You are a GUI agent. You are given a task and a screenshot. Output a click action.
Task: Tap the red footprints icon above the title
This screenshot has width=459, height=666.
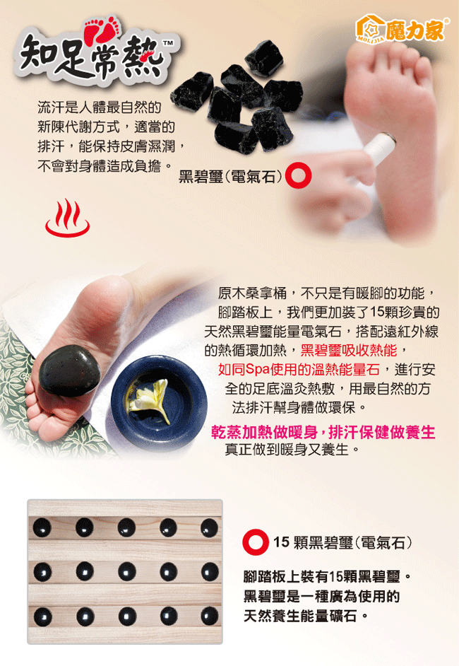click(x=102, y=29)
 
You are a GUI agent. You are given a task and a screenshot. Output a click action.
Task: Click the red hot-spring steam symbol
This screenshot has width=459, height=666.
click(x=68, y=218)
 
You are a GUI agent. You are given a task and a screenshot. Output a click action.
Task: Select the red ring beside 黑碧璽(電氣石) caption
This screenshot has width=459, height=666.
click(x=298, y=175)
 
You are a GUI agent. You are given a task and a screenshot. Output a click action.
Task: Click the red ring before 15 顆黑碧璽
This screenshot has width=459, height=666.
click(x=256, y=542)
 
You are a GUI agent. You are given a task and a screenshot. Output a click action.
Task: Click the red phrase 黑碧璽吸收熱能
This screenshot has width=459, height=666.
click(x=349, y=351)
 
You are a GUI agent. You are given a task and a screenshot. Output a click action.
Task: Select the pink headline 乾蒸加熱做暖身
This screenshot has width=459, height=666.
click(x=264, y=432)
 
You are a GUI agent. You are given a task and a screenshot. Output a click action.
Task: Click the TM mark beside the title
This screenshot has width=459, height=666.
click(x=168, y=43)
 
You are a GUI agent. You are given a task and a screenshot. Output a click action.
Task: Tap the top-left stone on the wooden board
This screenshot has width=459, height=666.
click(x=42, y=527)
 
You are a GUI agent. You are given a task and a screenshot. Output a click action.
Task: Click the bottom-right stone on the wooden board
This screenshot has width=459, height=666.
click(x=209, y=616)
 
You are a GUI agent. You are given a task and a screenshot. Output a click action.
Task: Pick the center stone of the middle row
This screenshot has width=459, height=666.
click(x=127, y=572)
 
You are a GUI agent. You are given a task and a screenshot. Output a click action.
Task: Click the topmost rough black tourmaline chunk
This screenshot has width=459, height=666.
click(x=264, y=58)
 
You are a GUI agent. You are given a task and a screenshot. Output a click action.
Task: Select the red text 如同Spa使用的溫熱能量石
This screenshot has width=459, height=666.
click(x=299, y=370)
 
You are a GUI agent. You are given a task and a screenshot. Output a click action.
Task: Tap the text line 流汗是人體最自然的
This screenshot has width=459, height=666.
click(x=100, y=107)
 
